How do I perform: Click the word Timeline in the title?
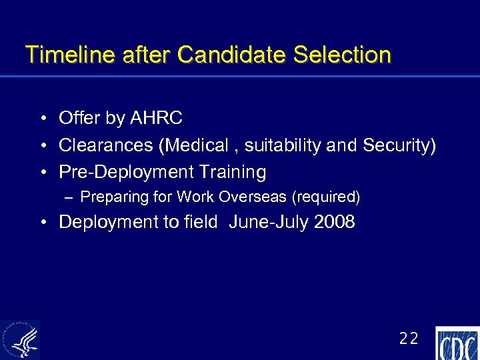click(x=63, y=55)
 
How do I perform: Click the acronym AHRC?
click(x=157, y=119)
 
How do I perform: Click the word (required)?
click(x=327, y=197)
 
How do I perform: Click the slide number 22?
click(x=409, y=339)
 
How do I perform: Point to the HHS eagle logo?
click(x=21, y=340)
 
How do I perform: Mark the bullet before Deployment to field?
click(x=42, y=223)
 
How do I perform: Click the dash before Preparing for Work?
click(x=70, y=197)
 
